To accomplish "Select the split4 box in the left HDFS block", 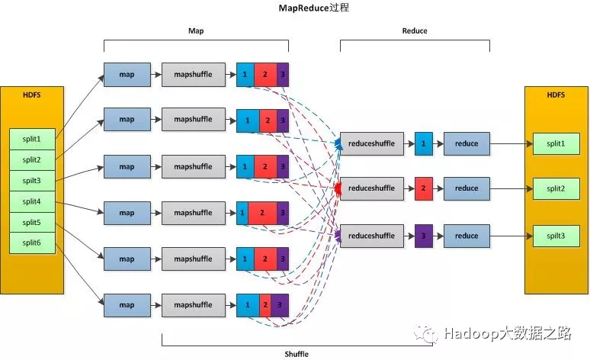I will point(31,201).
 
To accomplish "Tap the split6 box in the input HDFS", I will point(31,243).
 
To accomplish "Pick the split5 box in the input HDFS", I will point(31,222).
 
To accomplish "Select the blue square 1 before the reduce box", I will point(423,143).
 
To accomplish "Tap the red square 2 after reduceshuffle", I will point(423,188).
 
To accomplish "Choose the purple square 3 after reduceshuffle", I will point(423,236).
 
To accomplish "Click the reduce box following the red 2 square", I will point(467,188).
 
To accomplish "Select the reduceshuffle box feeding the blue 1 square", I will point(372,143).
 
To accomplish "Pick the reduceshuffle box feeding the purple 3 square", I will point(372,236).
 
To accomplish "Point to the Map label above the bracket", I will point(196,31).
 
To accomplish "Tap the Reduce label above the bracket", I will point(415,31).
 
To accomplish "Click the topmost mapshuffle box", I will point(193,75).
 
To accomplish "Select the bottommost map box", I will point(127,305).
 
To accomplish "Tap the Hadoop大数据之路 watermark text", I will point(508,334).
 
